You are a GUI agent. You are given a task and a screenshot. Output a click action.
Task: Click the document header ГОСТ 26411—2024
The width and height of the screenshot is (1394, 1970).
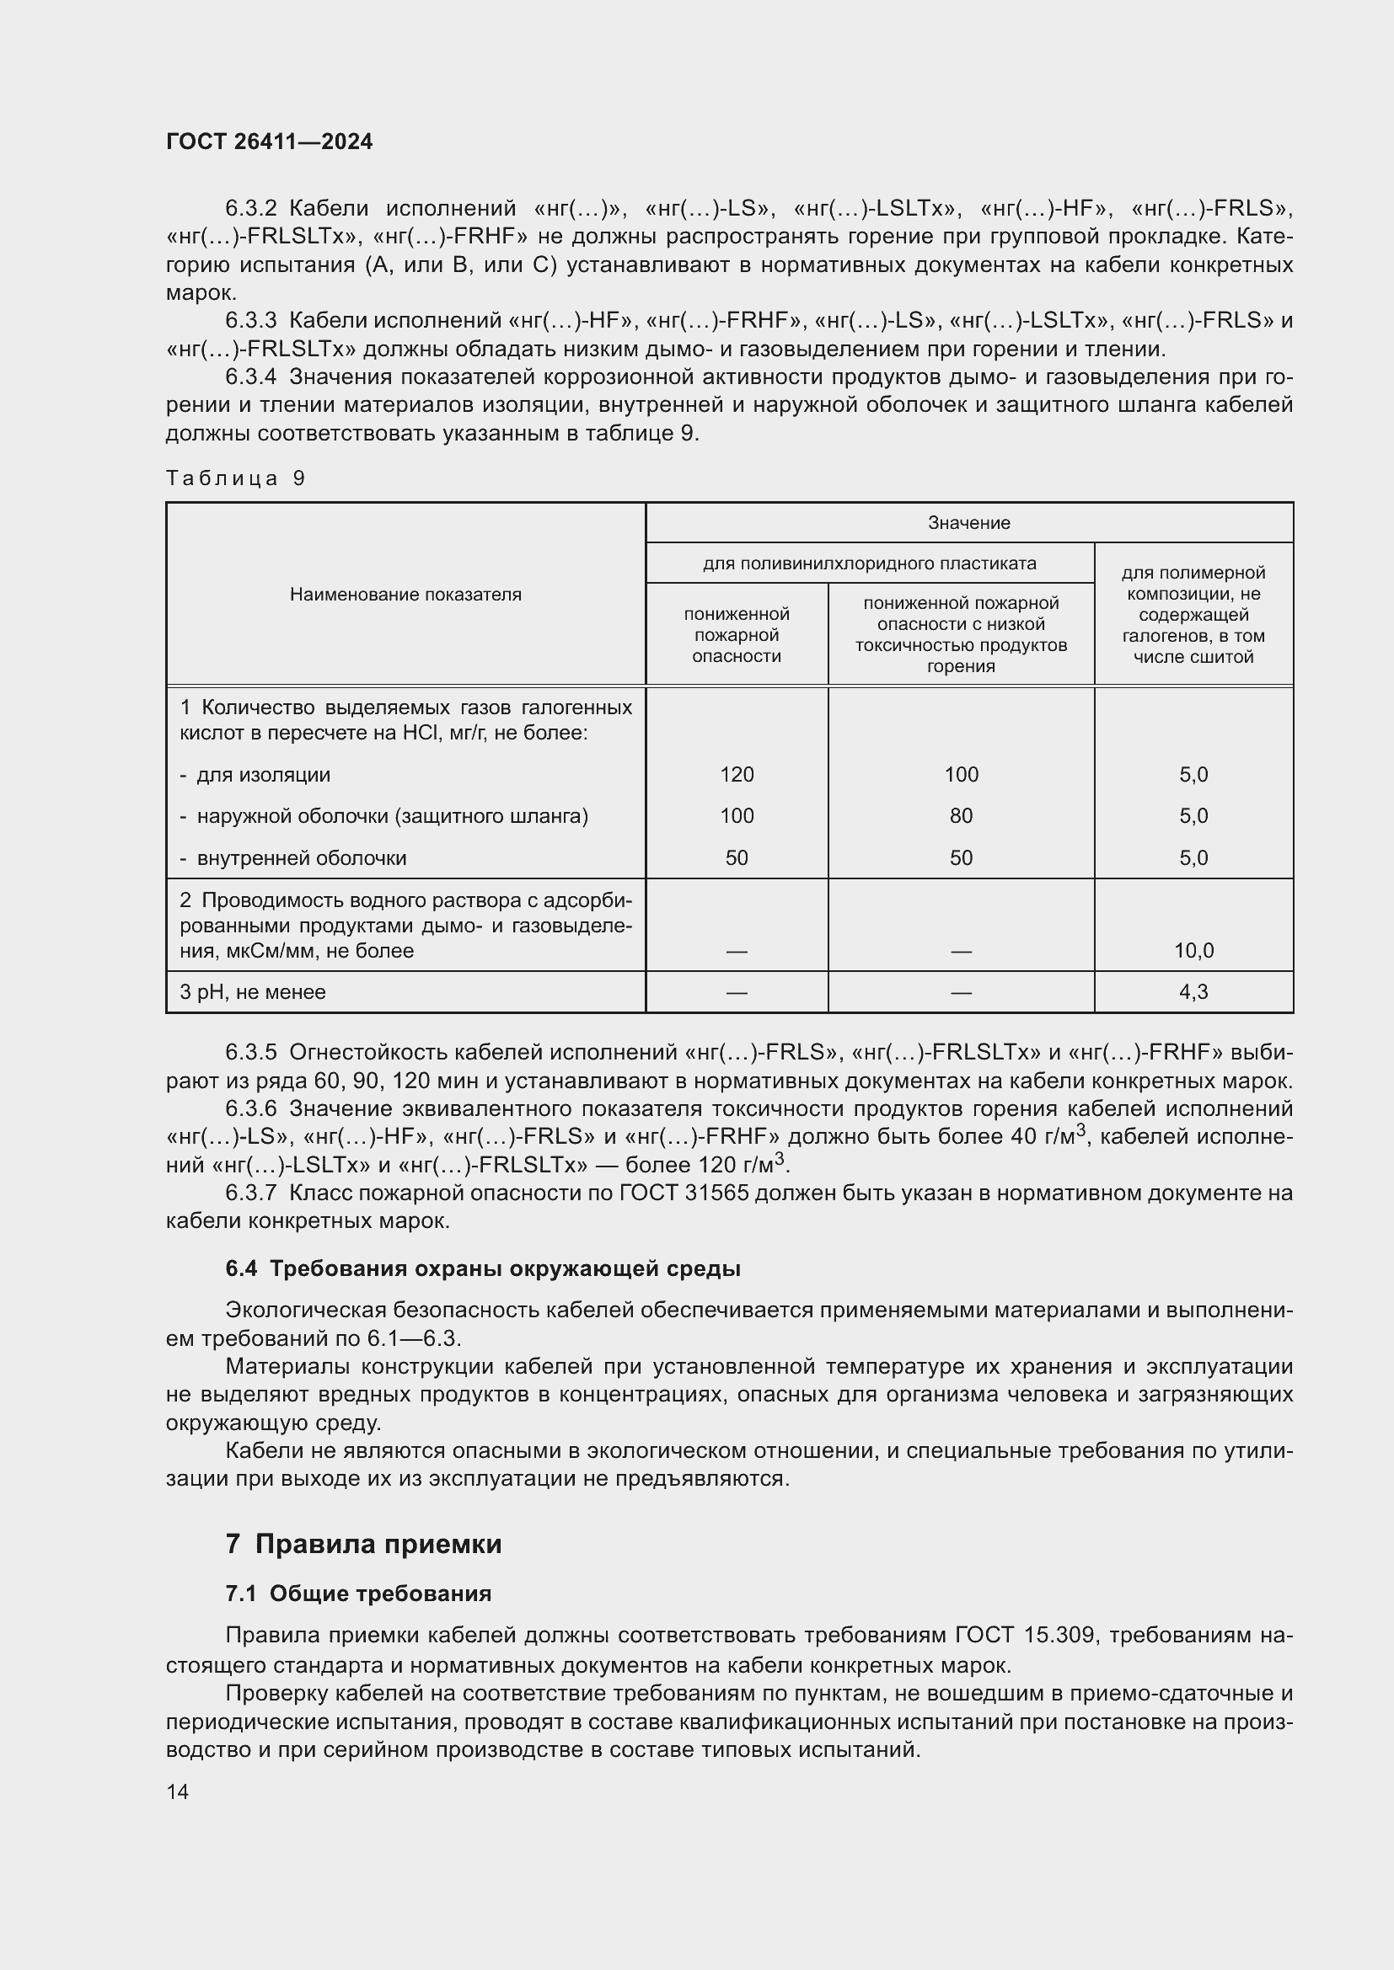pos(269,141)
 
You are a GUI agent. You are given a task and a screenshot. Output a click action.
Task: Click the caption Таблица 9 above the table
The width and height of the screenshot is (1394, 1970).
pos(235,478)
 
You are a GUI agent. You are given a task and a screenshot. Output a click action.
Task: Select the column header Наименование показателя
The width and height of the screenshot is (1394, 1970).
pos(405,595)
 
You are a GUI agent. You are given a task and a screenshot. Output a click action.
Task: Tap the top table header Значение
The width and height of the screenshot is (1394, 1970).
pos(968,522)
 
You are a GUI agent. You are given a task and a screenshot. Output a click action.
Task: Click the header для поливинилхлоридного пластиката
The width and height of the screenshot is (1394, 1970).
pos(869,563)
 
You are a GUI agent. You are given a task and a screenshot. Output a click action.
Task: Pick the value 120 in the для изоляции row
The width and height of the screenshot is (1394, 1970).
pos(737,775)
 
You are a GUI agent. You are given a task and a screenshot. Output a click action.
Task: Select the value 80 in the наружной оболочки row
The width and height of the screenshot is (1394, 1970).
pos(961,816)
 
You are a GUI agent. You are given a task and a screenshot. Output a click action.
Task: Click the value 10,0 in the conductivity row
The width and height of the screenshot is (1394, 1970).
pos(1193,951)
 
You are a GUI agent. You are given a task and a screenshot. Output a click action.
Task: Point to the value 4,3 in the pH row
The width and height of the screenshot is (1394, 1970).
pos(1193,992)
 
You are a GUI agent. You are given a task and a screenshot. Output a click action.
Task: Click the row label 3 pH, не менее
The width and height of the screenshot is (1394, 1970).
pos(252,992)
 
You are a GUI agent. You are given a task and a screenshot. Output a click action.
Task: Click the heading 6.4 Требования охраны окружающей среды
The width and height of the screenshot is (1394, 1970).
pos(482,1269)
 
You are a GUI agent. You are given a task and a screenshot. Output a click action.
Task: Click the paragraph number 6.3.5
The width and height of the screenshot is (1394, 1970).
pos(250,1052)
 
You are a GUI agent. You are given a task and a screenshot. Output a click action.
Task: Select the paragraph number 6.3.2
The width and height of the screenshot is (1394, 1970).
pos(250,209)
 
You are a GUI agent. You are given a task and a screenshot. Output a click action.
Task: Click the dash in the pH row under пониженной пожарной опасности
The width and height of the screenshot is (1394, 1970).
pos(737,993)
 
